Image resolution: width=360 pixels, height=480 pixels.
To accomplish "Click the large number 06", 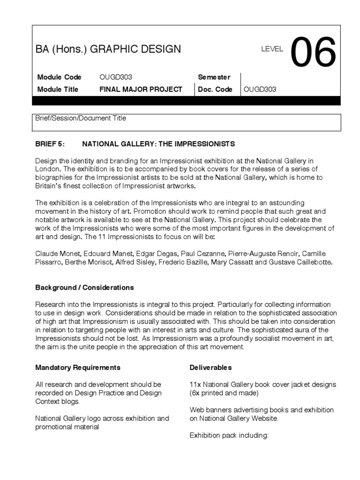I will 314,52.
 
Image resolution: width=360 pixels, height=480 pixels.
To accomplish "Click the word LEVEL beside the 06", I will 272,49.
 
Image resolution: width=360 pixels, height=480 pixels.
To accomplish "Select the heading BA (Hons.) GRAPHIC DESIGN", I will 108,49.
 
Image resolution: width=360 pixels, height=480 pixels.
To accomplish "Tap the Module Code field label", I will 59,77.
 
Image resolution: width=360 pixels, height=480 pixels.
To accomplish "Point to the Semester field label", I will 214,77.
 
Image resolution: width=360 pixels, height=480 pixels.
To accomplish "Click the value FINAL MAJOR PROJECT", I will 141,89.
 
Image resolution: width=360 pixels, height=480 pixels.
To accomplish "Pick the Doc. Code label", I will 215,89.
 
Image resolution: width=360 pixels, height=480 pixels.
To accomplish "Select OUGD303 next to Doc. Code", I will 260,89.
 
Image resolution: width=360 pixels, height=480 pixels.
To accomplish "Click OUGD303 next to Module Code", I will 119,77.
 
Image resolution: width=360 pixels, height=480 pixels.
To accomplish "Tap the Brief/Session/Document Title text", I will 81,118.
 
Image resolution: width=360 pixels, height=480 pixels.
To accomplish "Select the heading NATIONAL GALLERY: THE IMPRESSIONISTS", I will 158,143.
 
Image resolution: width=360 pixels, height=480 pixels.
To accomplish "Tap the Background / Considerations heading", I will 85,287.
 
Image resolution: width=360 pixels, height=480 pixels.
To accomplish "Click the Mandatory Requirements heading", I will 78,367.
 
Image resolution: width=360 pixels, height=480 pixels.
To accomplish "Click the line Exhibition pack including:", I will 229,435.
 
